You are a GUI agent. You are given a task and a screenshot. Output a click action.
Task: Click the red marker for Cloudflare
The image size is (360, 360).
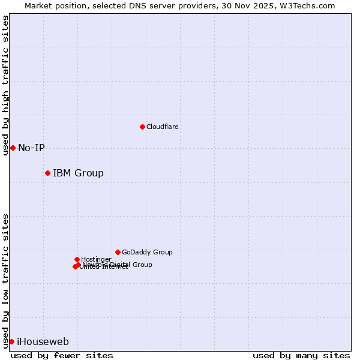[142, 127]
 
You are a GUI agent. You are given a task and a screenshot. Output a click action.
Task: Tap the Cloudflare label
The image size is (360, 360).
[162, 127]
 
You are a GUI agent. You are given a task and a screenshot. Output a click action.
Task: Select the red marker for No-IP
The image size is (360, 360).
[13, 148]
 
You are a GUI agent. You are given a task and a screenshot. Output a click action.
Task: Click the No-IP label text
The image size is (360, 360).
[31, 148]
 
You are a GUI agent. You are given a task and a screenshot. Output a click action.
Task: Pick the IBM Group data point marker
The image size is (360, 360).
[47, 173]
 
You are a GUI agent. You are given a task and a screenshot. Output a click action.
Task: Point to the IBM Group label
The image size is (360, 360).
[78, 173]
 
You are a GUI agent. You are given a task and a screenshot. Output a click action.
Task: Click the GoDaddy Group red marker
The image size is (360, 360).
[118, 252]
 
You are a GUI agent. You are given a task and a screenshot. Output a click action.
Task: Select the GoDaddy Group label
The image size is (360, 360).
[147, 252]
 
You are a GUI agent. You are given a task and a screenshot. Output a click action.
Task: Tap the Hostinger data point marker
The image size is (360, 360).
[77, 259]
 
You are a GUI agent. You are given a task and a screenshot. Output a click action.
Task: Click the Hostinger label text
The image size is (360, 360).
[96, 259]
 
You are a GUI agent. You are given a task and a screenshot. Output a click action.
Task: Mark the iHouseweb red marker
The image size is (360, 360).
[11, 341]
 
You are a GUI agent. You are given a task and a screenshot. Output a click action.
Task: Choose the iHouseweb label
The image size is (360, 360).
[43, 342]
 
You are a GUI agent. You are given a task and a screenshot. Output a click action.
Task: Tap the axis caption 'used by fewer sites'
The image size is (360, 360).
[62, 355]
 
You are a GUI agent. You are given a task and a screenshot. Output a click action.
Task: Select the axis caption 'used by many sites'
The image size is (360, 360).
[301, 355]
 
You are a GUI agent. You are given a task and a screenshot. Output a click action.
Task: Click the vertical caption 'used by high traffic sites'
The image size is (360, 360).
[5, 85]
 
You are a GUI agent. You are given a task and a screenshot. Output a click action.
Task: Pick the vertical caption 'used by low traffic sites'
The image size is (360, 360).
[5, 281]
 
